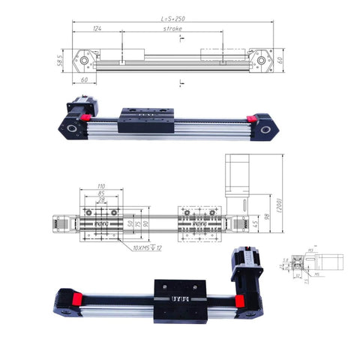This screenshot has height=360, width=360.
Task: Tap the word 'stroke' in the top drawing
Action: point(172,28)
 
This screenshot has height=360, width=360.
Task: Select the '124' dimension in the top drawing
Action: point(97,28)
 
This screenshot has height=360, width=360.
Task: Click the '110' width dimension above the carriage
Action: point(100,185)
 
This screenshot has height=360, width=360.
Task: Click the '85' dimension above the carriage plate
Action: point(100,193)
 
